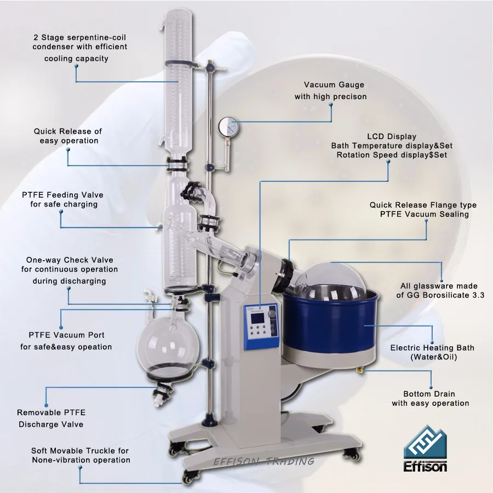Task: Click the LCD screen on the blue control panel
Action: (x=255, y=317)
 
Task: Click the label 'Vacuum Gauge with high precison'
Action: (x=330, y=91)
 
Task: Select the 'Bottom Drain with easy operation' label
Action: (x=430, y=398)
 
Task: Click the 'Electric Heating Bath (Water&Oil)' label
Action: (x=432, y=352)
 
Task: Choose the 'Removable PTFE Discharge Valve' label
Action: (x=51, y=418)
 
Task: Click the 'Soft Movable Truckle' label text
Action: (x=81, y=455)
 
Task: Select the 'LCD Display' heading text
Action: (x=392, y=136)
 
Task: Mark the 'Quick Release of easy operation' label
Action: (x=68, y=136)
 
